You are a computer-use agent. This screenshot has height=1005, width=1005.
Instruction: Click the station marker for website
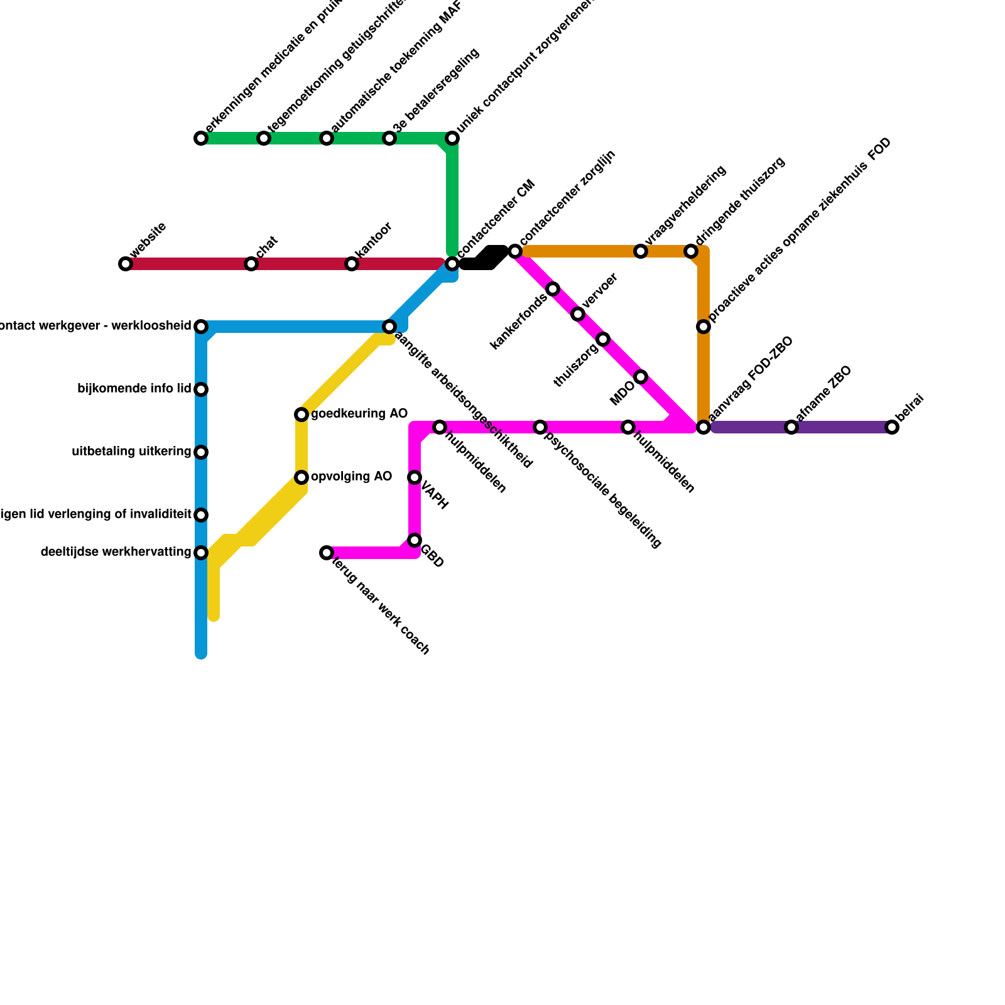click(126, 264)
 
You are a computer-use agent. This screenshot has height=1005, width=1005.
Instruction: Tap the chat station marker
click(251, 264)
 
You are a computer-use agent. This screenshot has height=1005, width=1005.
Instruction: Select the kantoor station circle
click(352, 264)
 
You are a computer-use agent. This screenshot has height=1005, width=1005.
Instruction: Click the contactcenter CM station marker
click(452, 264)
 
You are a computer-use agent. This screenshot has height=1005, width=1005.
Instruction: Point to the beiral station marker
click(892, 428)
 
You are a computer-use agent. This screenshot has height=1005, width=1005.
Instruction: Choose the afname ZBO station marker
click(791, 428)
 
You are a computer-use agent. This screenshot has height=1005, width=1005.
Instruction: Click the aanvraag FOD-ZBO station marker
click(703, 428)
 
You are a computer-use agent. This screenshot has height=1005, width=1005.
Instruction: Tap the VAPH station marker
click(415, 478)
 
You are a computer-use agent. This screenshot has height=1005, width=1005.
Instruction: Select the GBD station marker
click(415, 541)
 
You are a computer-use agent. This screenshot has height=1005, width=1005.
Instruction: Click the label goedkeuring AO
click(359, 414)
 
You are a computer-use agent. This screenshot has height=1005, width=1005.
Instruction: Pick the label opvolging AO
click(351, 477)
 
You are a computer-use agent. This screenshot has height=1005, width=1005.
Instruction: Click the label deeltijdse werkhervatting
click(116, 553)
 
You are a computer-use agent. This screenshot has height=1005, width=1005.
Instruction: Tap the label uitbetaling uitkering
click(131, 452)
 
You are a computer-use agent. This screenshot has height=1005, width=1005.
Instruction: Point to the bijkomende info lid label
click(134, 389)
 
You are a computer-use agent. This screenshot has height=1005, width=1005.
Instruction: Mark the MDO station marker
click(641, 377)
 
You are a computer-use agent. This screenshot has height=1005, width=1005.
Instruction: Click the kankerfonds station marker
click(553, 289)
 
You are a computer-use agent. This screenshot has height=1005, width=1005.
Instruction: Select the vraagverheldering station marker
click(641, 252)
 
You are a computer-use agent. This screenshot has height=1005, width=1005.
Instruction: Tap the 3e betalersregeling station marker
click(389, 138)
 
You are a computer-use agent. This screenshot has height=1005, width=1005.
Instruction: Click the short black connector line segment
click(484, 258)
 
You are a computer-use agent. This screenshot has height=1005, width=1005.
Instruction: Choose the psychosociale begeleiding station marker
click(540, 428)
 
